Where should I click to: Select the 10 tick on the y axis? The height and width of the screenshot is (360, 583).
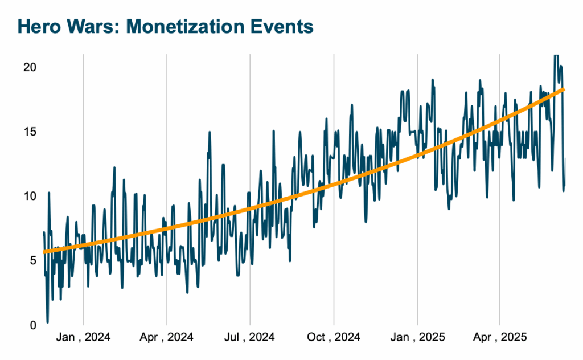pyautogui.click(x=29, y=196)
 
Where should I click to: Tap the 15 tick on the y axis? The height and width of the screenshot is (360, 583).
pyautogui.click(x=29, y=132)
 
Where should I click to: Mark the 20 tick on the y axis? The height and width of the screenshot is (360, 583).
pyautogui.click(x=29, y=67)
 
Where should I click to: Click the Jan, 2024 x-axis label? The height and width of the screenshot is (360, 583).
pyautogui.click(x=83, y=338)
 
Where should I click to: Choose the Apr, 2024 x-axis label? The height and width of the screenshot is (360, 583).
pyautogui.click(x=166, y=338)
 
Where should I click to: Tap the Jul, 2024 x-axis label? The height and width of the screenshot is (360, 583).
pyautogui.click(x=250, y=338)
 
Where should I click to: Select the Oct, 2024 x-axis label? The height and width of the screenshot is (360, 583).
pyautogui.click(x=334, y=338)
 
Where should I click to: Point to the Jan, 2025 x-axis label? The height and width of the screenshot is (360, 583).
pyautogui.click(x=417, y=338)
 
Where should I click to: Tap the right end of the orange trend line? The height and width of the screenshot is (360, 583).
pyautogui.click(x=564, y=89)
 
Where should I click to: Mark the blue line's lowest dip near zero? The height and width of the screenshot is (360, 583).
pyautogui.click(x=48, y=322)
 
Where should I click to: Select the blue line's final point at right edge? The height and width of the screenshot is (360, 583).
pyautogui.click(x=565, y=159)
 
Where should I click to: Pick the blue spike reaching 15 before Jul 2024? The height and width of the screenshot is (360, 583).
pyautogui.click(x=210, y=132)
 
